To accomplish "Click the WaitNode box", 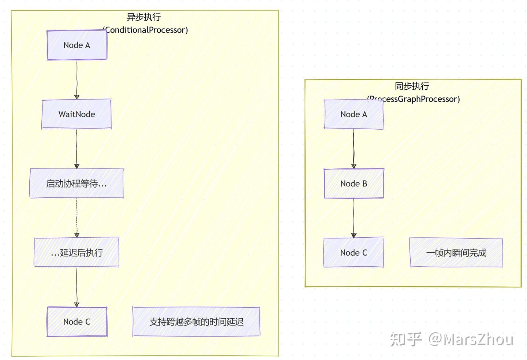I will tap(76, 114).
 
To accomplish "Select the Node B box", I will tap(354, 183).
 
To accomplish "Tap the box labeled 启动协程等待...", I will tap(76, 183).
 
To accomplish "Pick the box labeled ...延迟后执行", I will tap(76, 252).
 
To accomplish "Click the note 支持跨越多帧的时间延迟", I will tap(196, 322).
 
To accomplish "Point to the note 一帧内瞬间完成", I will tap(456, 252).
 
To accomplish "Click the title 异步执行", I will tap(143, 17).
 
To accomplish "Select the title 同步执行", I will tap(412, 86).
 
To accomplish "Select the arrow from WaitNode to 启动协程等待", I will tap(76, 148).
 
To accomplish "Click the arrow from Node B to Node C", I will tap(354, 218).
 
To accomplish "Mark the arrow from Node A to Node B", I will tap(354, 148).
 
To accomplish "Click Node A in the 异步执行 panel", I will tap(77, 45).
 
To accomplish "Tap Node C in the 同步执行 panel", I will tap(354, 252).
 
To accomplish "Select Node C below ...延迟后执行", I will tap(77, 322).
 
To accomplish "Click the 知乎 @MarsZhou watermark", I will tap(451, 339).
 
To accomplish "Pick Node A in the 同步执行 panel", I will tap(354, 114).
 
